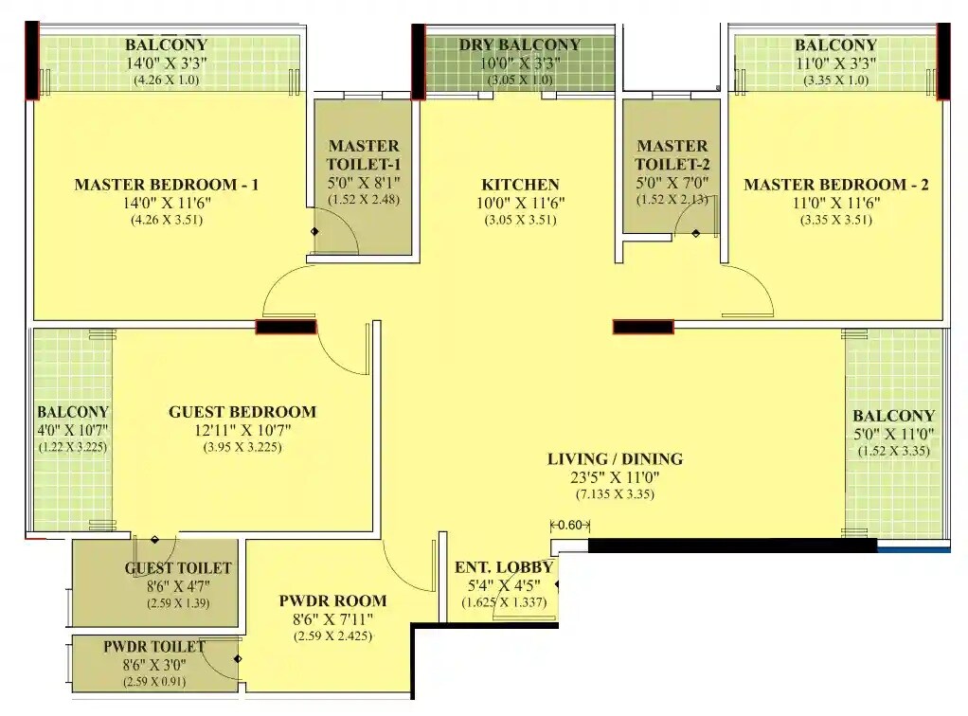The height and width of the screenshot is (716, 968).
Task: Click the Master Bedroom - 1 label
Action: [x=166, y=185]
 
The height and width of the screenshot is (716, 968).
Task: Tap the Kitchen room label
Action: [x=520, y=185]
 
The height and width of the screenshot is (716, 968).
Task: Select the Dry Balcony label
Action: [x=520, y=45]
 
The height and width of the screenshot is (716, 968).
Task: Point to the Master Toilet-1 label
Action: [x=364, y=155]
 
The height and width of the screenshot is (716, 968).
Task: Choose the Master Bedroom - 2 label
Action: [x=835, y=185]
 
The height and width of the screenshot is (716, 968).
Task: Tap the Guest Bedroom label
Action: [x=242, y=412]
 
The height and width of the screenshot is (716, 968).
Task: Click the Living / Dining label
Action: [x=615, y=459]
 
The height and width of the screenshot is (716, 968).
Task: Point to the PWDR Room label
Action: [x=332, y=600]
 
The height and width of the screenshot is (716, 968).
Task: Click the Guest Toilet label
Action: [x=178, y=568]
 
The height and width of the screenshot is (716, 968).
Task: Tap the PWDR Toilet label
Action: [x=154, y=647]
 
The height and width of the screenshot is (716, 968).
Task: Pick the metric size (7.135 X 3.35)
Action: [x=615, y=494]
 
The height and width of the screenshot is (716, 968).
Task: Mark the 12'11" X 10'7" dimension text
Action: [x=242, y=431]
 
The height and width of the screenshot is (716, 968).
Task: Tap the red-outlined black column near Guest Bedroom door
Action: [x=286, y=327]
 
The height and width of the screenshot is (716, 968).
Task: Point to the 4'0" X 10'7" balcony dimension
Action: [x=73, y=431]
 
